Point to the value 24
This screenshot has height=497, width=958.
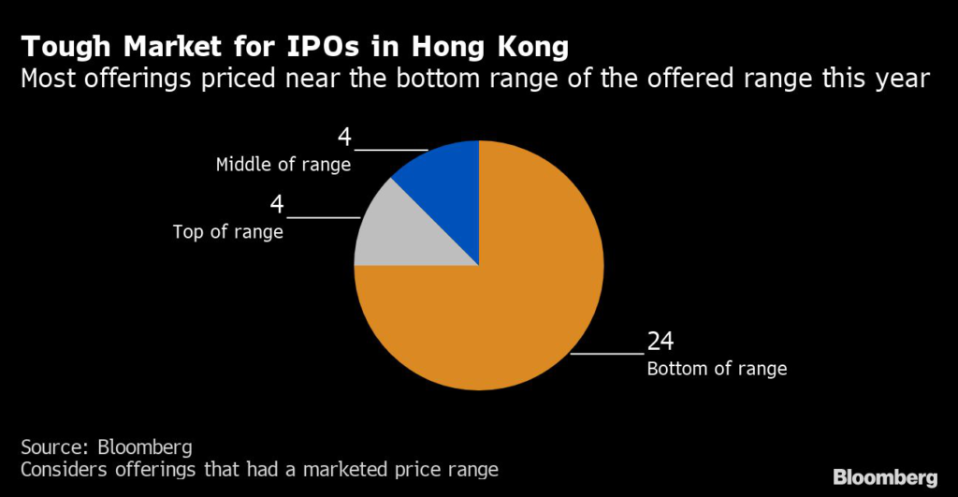tap(660, 341)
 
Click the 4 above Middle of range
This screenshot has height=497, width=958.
tap(344, 138)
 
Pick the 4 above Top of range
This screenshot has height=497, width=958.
tap(277, 205)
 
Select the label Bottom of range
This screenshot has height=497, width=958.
tap(717, 369)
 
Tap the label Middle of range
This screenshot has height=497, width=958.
tap(283, 165)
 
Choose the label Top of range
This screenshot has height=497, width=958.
tap(228, 232)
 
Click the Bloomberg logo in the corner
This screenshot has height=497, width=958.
tap(885, 477)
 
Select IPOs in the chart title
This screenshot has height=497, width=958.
tap(323, 47)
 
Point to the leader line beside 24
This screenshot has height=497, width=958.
tap(607, 354)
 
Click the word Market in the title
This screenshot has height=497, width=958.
tap(169, 47)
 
